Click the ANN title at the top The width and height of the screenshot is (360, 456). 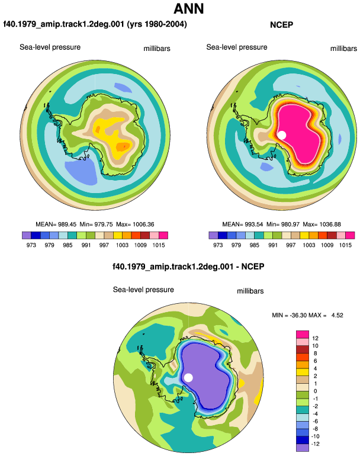188,9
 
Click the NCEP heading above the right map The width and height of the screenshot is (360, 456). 281,25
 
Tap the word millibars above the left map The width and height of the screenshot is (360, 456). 157,49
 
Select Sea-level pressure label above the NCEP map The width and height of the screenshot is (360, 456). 237,47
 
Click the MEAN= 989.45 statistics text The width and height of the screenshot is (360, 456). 56,224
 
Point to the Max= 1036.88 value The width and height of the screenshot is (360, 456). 322,224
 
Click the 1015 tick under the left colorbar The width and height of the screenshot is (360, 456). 159,245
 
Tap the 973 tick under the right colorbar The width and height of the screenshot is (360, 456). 218,245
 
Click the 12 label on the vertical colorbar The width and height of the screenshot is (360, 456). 315,338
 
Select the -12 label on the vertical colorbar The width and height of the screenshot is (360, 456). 315,444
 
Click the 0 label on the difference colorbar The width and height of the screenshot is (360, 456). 315,391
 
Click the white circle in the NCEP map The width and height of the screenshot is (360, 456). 281,135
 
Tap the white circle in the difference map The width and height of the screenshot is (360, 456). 188,378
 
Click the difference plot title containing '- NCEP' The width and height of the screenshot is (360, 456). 188,266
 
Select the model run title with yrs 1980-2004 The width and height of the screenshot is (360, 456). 95,24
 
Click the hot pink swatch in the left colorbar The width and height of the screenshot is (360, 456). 163,235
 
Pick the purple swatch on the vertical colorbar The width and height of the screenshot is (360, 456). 303,448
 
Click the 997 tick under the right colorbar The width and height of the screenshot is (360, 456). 291,245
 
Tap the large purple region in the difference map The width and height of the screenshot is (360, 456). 208,378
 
